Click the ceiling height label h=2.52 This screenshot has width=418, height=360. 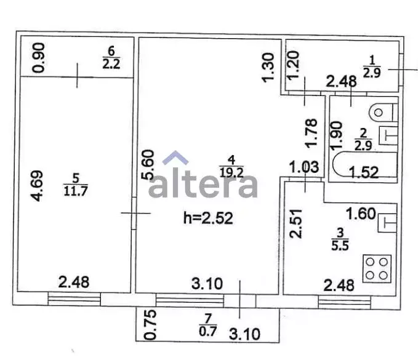point(208,218)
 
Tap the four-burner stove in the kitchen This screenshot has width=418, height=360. point(377,268)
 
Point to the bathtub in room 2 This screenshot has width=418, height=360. point(364,164)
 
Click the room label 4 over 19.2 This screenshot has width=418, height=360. point(231,167)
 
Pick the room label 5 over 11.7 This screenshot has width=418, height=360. point(76,184)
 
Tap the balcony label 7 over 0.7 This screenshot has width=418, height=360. point(207,324)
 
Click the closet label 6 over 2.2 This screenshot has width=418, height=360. point(111,58)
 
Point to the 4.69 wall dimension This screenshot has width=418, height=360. point(36,186)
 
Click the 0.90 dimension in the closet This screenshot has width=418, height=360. point(38,58)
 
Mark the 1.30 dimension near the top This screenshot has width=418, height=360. point(268,68)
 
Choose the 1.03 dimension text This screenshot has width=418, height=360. point(304,167)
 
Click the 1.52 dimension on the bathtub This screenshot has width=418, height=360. point(364,172)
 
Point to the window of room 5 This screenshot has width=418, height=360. point(74,298)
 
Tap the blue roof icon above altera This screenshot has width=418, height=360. point(175,158)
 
